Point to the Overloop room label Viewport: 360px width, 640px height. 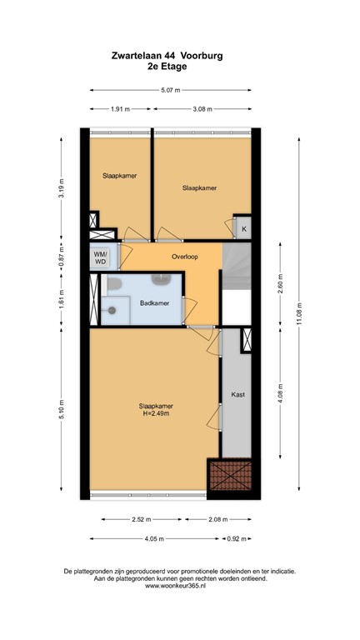184,257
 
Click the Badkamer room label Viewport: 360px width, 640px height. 155,303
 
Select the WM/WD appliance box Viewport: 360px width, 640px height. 101,257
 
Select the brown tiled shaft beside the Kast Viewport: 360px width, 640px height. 232,476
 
